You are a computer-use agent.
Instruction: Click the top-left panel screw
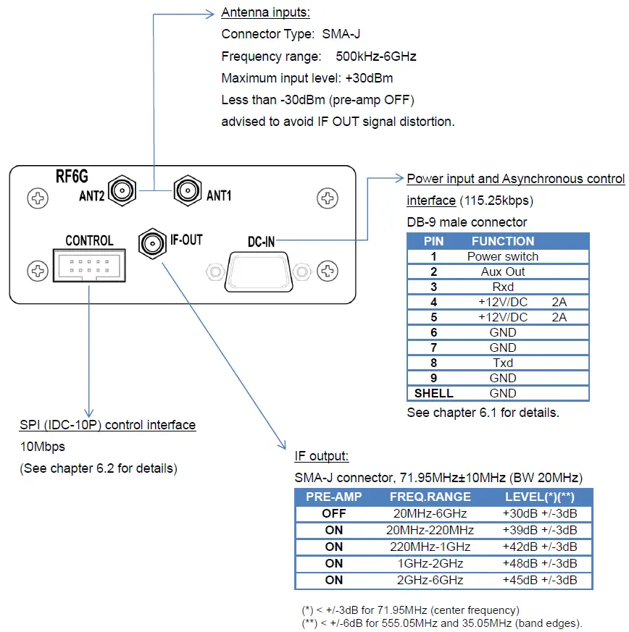pos(36,197)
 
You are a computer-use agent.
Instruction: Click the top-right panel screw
pos(328,197)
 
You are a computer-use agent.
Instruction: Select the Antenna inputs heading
pos(265,13)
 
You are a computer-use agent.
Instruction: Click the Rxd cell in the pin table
pos(502,287)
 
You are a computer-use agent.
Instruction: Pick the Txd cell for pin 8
pos(502,363)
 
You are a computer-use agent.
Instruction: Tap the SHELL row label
pos(433,393)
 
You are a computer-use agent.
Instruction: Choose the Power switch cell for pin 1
pos(502,256)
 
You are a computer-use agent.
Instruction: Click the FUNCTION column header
pos(502,241)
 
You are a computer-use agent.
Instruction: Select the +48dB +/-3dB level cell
pos(540,563)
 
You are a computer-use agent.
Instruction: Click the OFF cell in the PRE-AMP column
pos(334,513)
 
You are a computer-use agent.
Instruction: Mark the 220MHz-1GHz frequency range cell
pos(430,547)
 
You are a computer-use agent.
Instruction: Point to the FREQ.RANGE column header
pos(430,497)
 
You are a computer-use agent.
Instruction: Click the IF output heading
pos(322,456)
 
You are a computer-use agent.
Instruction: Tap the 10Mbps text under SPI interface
pos(42,447)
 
